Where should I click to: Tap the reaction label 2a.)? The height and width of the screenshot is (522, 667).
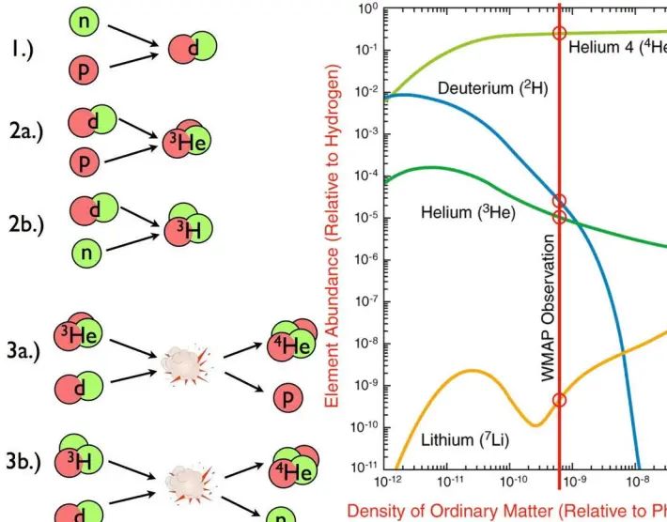(26, 134)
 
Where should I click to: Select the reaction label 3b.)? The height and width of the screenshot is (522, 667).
(26, 461)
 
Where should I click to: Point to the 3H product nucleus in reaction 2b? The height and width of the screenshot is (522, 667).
(184, 225)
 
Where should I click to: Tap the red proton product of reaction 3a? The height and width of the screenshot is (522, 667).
(287, 398)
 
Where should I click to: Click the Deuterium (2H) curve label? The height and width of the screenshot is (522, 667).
(493, 88)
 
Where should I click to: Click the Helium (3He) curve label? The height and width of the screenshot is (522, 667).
(467, 213)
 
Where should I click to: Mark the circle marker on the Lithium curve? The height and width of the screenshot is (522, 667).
(560, 400)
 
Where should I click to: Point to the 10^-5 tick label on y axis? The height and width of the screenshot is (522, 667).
(364, 217)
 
